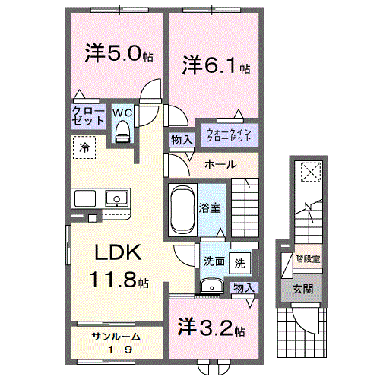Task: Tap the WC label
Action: [122, 112]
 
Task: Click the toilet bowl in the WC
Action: [122, 134]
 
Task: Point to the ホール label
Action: [221, 165]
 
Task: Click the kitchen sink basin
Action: [116, 199]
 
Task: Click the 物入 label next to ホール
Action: [180, 141]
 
